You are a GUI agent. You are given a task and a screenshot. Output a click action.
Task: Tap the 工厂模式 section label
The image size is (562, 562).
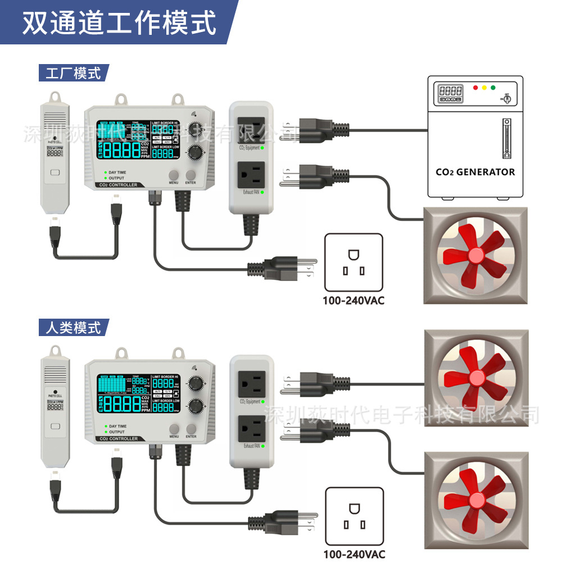tap(73, 73)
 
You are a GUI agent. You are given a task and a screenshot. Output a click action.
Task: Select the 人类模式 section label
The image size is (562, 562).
tap(73, 327)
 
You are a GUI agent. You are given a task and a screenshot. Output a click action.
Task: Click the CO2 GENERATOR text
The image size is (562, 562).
tap(475, 172)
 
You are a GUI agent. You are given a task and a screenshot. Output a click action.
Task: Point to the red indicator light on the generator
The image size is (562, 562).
tap(475, 88)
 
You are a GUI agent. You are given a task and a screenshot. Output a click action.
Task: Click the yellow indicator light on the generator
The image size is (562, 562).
tap(484, 88)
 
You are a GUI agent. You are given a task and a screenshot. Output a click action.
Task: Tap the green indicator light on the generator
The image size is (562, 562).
tap(493, 88)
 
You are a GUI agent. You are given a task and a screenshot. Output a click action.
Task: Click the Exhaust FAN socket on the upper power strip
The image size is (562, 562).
tap(251, 175)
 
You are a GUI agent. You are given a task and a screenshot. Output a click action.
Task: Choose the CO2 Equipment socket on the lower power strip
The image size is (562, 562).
tap(251, 384)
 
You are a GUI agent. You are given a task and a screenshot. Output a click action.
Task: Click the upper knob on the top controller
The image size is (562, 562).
tap(196, 129)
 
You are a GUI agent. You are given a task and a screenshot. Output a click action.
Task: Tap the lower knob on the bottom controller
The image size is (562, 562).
tap(196, 406)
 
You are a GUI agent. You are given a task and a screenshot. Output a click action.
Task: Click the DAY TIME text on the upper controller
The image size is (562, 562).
tap(117, 173)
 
